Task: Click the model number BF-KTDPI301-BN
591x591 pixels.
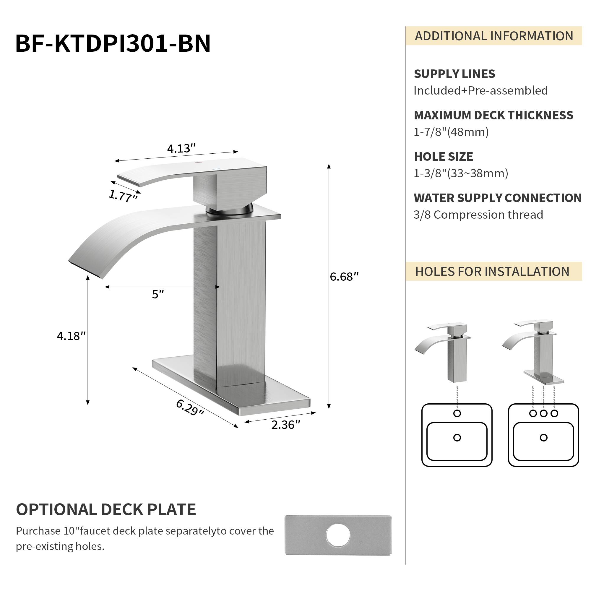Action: pyautogui.click(x=113, y=43)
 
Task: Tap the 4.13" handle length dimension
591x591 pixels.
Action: pyautogui.click(x=181, y=149)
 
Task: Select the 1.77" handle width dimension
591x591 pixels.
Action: pyautogui.click(x=123, y=196)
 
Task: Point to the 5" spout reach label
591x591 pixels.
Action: pyautogui.click(x=158, y=294)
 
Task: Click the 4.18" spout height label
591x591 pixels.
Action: pyautogui.click(x=71, y=336)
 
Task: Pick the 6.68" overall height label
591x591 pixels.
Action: pyautogui.click(x=344, y=277)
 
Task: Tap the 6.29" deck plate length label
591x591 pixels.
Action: pyautogui.click(x=190, y=407)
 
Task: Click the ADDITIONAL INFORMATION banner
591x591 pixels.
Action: pyautogui.click(x=493, y=36)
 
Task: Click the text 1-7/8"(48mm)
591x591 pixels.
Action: pyautogui.click(x=451, y=132)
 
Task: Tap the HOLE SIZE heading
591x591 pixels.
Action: pyautogui.click(x=443, y=157)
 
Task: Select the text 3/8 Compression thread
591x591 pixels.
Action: pyautogui.click(x=478, y=215)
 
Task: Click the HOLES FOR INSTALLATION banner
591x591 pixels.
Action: pyautogui.click(x=492, y=271)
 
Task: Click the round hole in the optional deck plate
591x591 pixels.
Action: pyautogui.click(x=338, y=536)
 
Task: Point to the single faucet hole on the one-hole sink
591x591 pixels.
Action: pyautogui.click(x=457, y=414)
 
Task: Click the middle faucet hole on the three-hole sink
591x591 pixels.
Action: pyautogui.click(x=544, y=414)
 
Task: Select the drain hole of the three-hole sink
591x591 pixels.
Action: pyautogui.click(x=544, y=438)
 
